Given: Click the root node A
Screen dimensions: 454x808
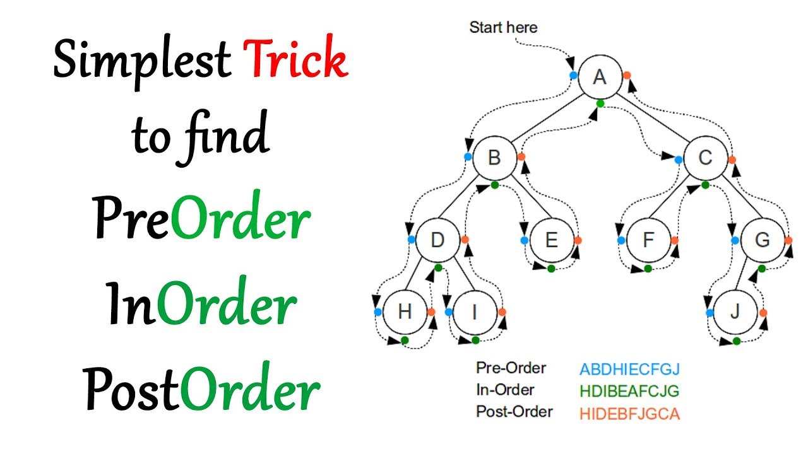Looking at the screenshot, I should click(600, 77).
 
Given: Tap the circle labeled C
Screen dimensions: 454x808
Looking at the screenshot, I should click(705, 158).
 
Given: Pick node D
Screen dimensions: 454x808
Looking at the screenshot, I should click(437, 240).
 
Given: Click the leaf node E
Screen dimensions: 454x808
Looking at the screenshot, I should click(551, 240).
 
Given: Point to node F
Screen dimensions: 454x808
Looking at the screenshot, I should click(648, 240).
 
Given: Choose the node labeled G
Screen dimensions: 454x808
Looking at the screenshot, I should click(762, 240).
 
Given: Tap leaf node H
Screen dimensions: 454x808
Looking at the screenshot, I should click(405, 312).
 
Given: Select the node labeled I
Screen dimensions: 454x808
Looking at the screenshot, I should click(475, 312).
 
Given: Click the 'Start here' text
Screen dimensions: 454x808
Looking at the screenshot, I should click(503, 27).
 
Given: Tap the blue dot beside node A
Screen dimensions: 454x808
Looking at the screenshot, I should click(573, 75).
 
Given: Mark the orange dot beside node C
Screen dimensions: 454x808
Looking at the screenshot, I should click(732, 160).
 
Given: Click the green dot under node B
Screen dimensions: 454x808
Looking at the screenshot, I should click(494, 185).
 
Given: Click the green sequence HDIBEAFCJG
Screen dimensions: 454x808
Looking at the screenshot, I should click(629, 392).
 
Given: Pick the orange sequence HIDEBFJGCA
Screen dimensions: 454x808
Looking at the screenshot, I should click(629, 414).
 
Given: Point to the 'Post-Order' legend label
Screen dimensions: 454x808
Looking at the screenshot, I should click(514, 412).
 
